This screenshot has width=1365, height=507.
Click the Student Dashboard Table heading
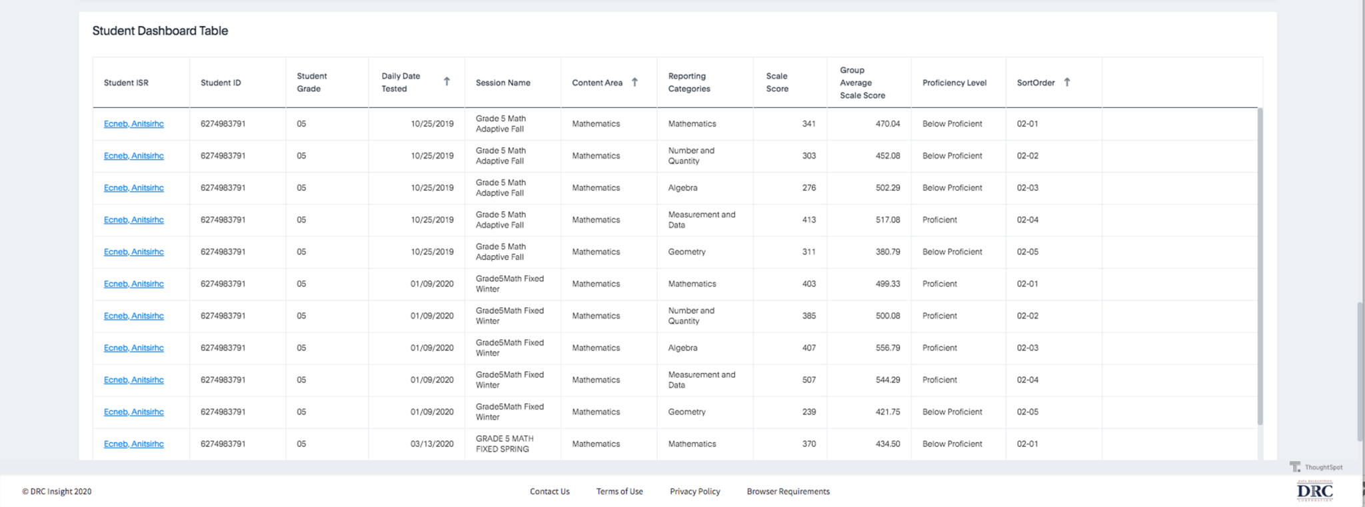point(160,31)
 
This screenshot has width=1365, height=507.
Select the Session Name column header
point(503,83)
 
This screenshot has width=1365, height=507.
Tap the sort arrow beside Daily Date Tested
point(447,81)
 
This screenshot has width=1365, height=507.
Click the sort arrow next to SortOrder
point(1067,82)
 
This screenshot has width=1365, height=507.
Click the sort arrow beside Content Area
point(635,82)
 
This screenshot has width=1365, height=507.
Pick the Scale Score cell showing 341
point(808,124)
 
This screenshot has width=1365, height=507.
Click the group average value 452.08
point(887,156)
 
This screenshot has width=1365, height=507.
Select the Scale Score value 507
point(808,380)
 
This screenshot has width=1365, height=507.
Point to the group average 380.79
point(887,252)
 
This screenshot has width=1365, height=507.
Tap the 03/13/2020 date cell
point(432,444)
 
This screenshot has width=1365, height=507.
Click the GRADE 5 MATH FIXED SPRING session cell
point(505,444)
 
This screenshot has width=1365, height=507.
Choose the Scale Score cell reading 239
point(808,412)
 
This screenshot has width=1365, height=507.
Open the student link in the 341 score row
point(133,124)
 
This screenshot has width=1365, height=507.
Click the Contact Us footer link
point(549,492)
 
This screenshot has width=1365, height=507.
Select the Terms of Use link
point(619,492)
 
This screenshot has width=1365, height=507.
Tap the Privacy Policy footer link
point(694,492)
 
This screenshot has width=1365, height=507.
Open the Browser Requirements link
point(788,492)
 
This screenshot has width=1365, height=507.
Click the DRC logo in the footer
point(1314,492)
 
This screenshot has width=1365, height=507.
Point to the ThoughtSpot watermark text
point(1323,467)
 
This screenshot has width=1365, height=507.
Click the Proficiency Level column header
point(954,83)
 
